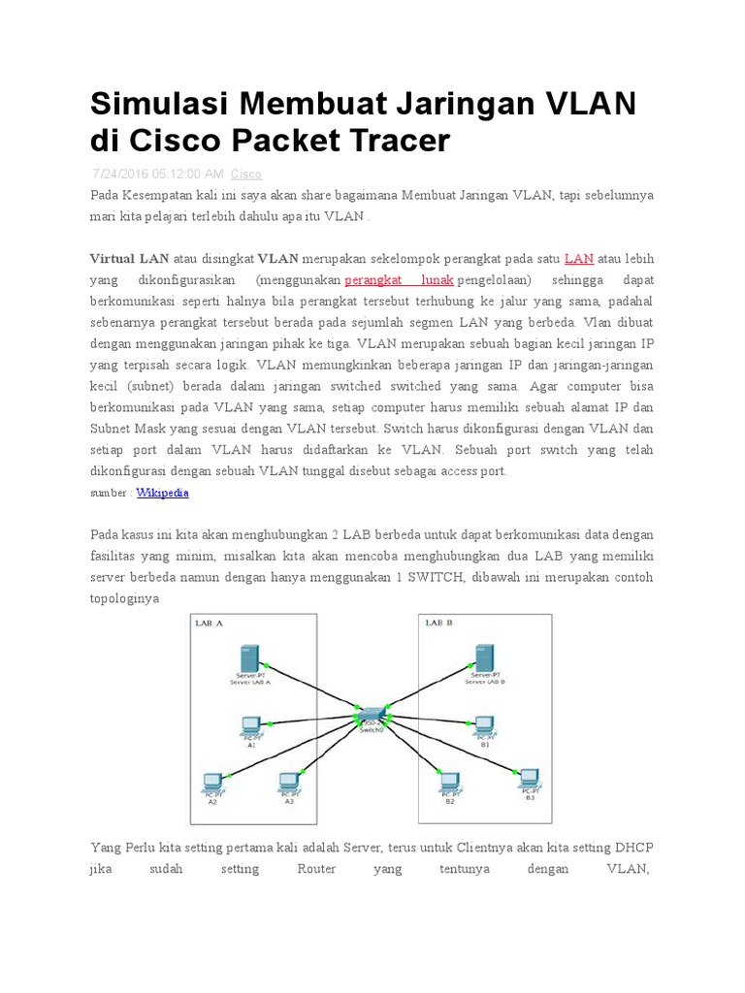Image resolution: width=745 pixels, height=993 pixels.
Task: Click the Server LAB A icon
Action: (x=250, y=658)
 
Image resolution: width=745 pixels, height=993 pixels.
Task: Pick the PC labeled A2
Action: (x=211, y=781)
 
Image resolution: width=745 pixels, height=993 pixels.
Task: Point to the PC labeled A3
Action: (x=288, y=781)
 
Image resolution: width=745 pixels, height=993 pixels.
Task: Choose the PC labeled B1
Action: (x=482, y=723)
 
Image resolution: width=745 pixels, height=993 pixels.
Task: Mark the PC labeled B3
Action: (x=529, y=777)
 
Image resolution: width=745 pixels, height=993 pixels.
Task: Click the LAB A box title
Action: (x=210, y=623)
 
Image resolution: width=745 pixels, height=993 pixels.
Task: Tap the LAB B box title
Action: (x=438, y=623)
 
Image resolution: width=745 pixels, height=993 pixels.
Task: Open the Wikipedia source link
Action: (x=162, y=493)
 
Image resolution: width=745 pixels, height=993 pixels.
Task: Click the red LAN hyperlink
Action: (x=579, y=258)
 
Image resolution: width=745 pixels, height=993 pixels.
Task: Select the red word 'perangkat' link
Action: (x=373, y=279)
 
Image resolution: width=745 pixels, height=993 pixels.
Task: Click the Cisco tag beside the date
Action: (x=245, y=175)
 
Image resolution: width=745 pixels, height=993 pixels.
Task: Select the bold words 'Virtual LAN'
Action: (x=129, y=258)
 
